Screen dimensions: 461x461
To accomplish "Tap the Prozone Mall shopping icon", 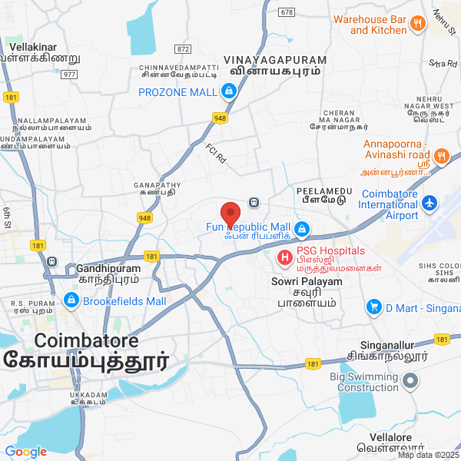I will pos(228,93).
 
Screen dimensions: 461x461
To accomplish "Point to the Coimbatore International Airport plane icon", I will pos(429,204).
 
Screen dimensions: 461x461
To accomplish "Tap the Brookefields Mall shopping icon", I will pos(70,300).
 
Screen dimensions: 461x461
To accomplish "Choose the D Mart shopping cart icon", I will pos(374,307).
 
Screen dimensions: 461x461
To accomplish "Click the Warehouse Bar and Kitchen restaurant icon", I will pos(418,23).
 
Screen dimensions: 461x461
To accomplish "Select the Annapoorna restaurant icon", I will pos(440,155).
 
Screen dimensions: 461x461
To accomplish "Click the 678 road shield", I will pos(287,12).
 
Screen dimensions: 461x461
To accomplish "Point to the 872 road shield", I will pos(182,48).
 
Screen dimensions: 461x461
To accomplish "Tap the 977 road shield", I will pos(69,74).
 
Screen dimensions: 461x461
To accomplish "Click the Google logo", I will pos(25,452).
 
